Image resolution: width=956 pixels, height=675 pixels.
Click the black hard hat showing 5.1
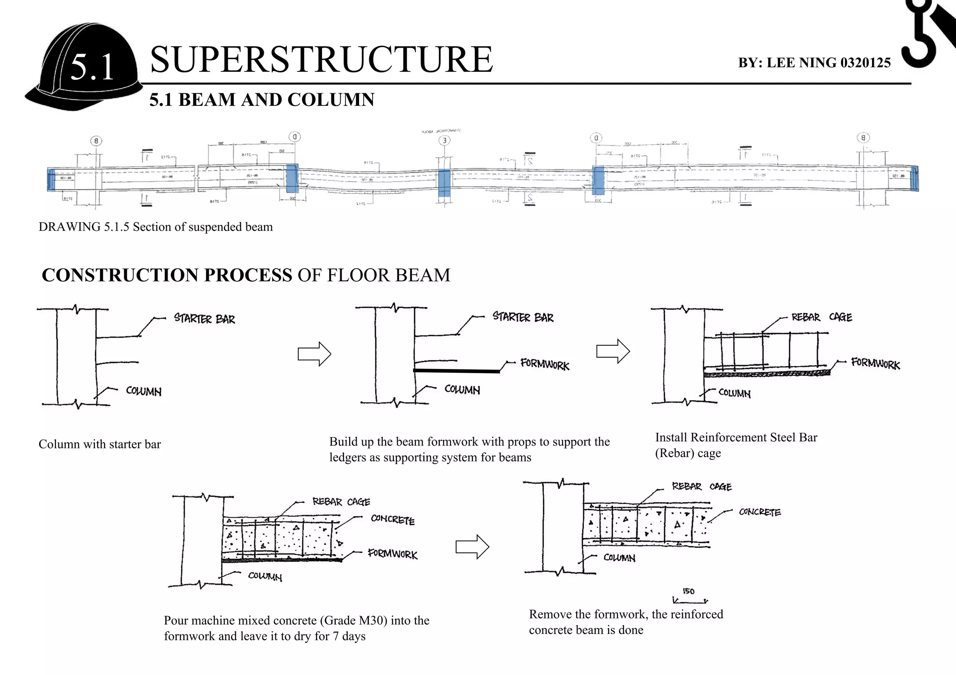pyautogui.click(x=84, y=68)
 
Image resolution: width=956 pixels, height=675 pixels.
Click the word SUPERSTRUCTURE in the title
pyautogui.click(x=321, y=60)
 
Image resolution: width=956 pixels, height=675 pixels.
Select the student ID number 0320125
pyautogui.click(x=865, y=63)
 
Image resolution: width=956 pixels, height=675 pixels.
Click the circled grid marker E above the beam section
pyautogui.click(x=444, y=140)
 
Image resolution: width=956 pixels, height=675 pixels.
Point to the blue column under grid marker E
pyautogui.click(x=444, y=183)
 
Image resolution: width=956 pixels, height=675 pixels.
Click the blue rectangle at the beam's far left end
pyautogui.click(x=51, y=180)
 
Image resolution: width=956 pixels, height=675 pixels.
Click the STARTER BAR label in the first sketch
pyautogui.click(x=204, y=319)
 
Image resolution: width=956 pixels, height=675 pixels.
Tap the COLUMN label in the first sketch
pyautogui.click(x=144, y=391)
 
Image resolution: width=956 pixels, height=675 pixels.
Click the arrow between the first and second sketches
pyautogui.click(x=314, y=354)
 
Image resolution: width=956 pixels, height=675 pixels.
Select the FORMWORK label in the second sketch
pyautogui.click(x=545, y=364)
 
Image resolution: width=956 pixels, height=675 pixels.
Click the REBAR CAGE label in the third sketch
pyautogui.click(x=822, y=318)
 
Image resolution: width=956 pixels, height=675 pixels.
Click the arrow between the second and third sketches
pyautogui.click(x=613, y=351)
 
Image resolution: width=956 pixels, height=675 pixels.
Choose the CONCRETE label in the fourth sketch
pyautogui.click(x=393, y=520)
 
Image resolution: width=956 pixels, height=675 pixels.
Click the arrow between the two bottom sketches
pyautogui.click(x=472, y=546)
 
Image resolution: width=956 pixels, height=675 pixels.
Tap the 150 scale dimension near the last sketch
pyautogui.click(x=689, y=591)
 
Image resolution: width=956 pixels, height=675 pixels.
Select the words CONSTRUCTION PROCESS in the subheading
pyautogui.click(x=167, y=275)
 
